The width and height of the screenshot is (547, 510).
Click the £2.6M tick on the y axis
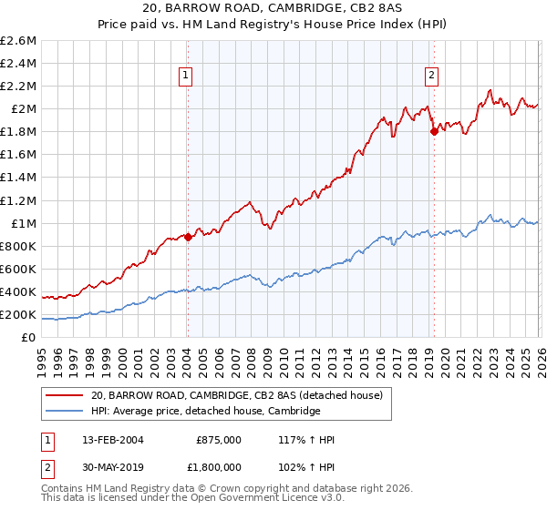coord(18,41)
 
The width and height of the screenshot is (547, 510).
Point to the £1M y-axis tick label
coord(22,224)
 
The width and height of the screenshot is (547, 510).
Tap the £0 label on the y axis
coord(29,338)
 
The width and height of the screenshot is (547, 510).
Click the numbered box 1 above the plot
coord(185,76)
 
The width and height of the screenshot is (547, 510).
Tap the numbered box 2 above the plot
coord(430,76)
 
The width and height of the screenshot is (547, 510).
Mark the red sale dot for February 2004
coord(188,237)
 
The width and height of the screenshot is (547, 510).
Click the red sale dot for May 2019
coord(434,131)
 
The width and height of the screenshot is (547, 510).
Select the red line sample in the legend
coord(65,395)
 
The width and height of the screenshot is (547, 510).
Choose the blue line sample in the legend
coord(65,412)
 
